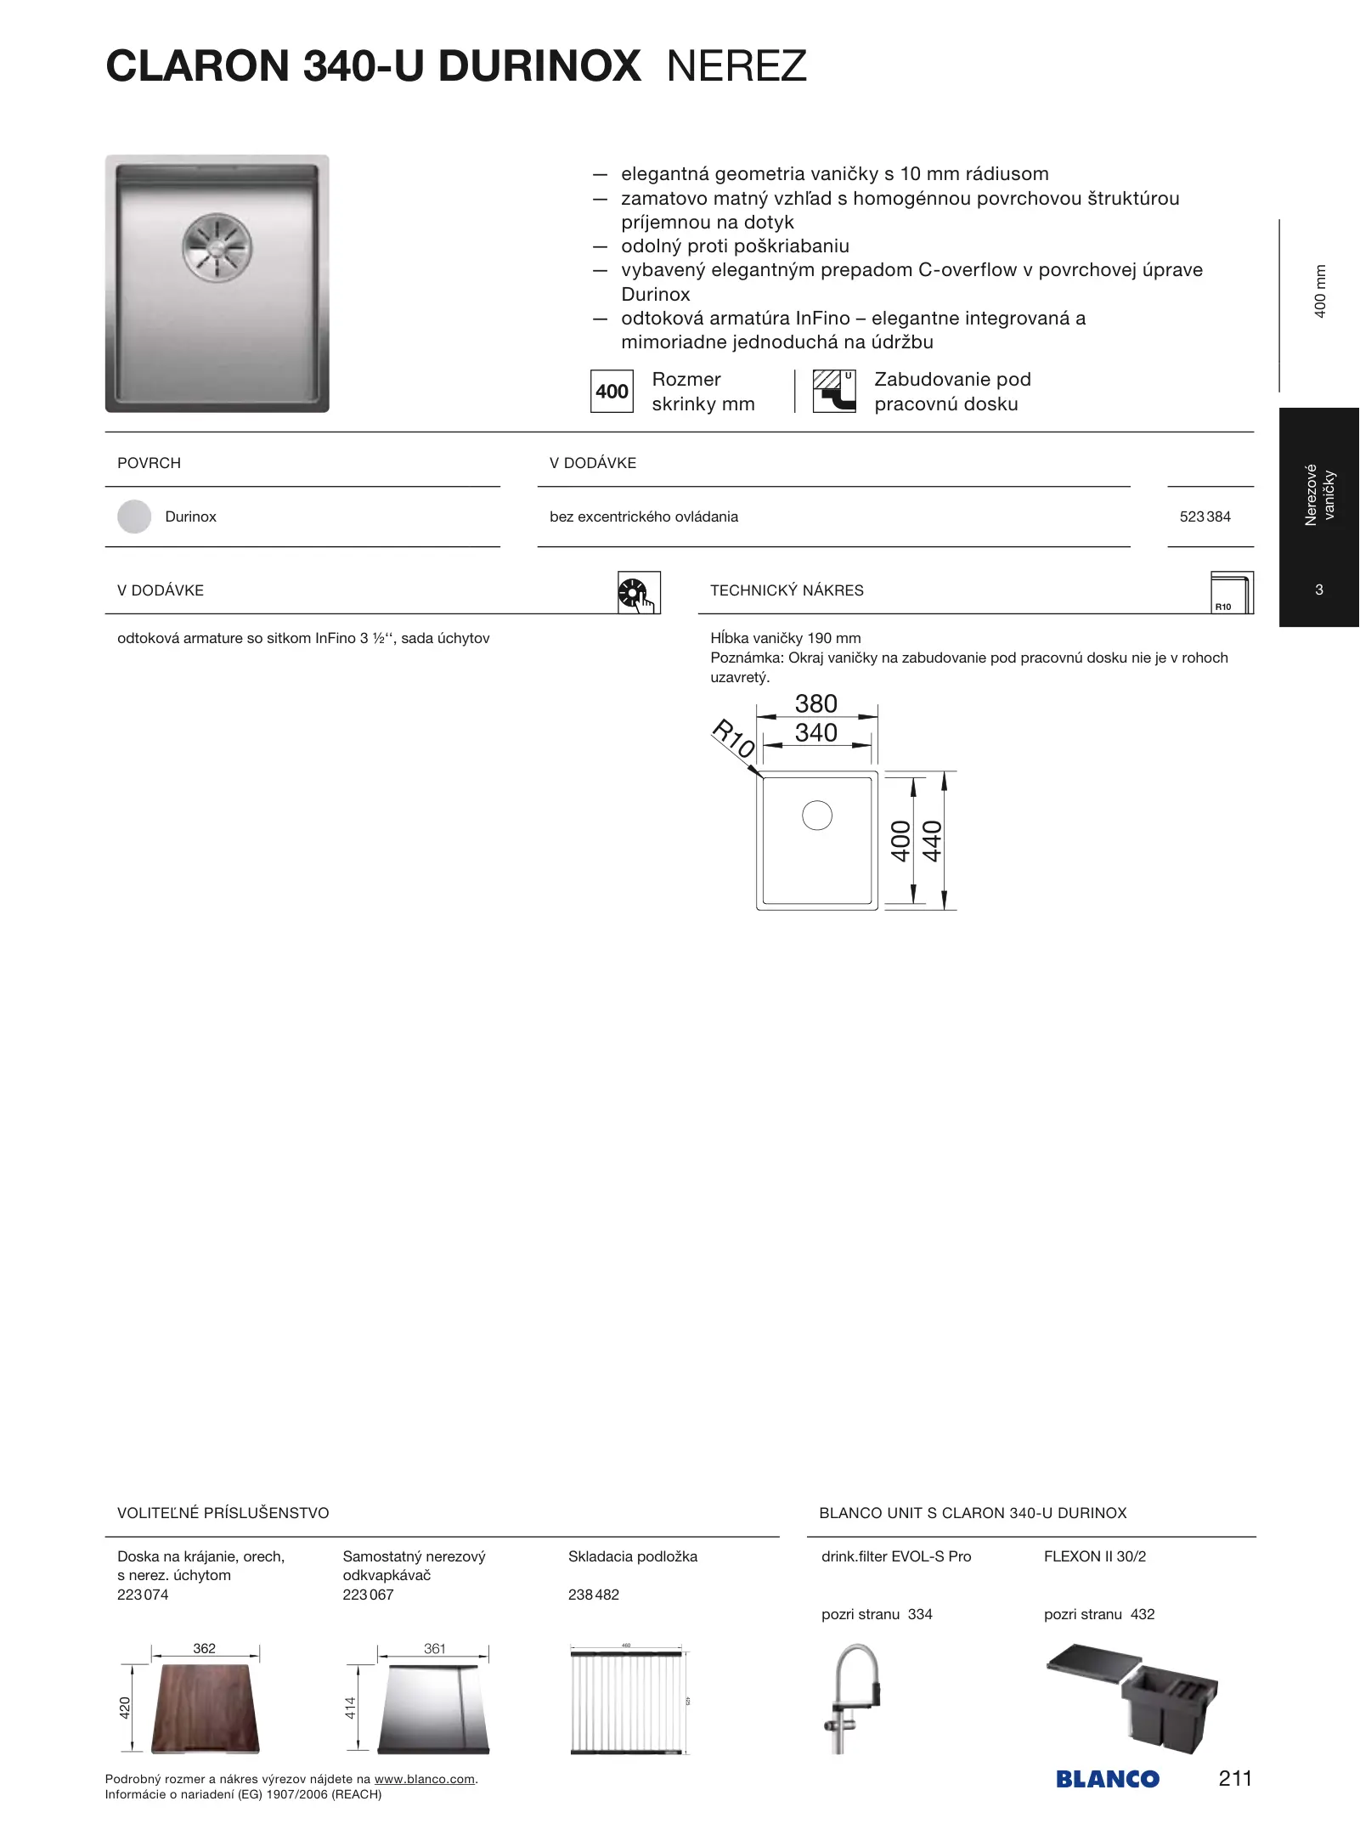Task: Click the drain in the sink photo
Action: (x=217, y=247)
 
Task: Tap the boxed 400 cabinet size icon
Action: (x=612, y=392)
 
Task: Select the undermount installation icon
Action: (x=834, y=392)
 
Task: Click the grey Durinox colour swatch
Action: (x=134, y=517)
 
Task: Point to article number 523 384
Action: (x=1205, y=517)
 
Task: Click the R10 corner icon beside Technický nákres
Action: (x=1231, y=592)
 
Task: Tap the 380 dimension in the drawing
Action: (x=815, y=703)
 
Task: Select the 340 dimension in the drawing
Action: (x=815, y=732)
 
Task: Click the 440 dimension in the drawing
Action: (x=932, y=841)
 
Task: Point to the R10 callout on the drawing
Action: (x=732, y=739)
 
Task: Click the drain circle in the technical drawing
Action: (x=816, y=816)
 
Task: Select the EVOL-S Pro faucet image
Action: (x=852, y=1699)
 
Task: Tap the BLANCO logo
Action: (x=1107, y=1780)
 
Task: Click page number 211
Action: (x=1234, y=1778)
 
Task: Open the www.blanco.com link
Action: (x=424, y=1779)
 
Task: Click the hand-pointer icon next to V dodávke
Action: (x=638, y=592)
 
